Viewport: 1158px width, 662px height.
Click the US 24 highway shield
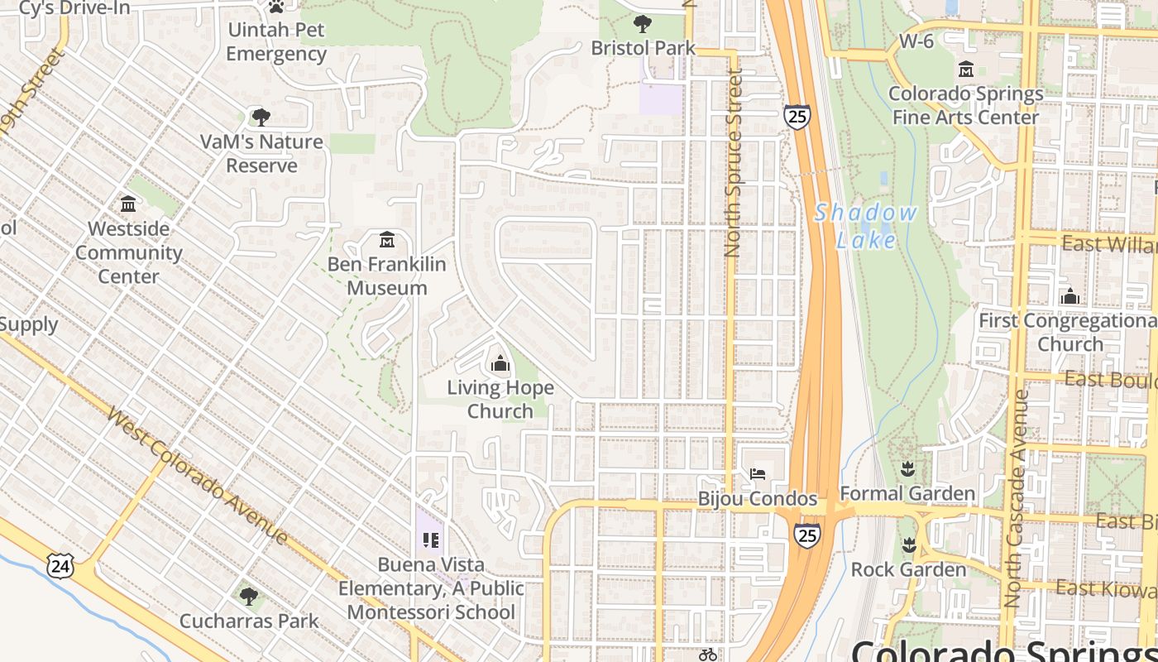(x=60, y=567)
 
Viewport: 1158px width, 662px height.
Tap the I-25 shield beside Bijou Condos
(x=807, y=535)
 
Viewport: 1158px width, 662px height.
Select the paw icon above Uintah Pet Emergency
(x=276, y=7)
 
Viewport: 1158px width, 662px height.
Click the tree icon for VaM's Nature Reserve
(x=261, y=118)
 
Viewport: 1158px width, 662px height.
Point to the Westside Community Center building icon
(x=128, y=204)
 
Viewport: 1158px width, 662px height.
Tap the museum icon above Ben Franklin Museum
(x=386, y=241)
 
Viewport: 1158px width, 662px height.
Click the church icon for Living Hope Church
(x=500, y=363)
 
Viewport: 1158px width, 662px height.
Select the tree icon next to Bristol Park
(x=642, y=24)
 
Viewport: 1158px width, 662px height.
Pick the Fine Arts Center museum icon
(x=965, y=70)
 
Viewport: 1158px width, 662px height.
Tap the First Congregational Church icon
(x=1069, y=295)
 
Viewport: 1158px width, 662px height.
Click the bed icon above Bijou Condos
(x=757, y=474)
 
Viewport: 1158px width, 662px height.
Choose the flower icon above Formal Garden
(x=907, y=470)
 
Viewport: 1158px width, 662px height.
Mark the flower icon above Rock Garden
(x=908, y=545)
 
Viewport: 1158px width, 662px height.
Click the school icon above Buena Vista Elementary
(x=430, y=540)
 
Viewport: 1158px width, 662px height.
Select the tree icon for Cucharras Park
(x=248, y=596)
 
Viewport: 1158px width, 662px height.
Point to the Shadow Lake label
(x=866, y=226)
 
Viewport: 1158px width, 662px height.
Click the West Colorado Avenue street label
(x=198, y=476)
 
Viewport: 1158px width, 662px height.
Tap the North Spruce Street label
(x=733, y=163)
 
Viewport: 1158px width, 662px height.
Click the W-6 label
(x=916, y=41)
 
